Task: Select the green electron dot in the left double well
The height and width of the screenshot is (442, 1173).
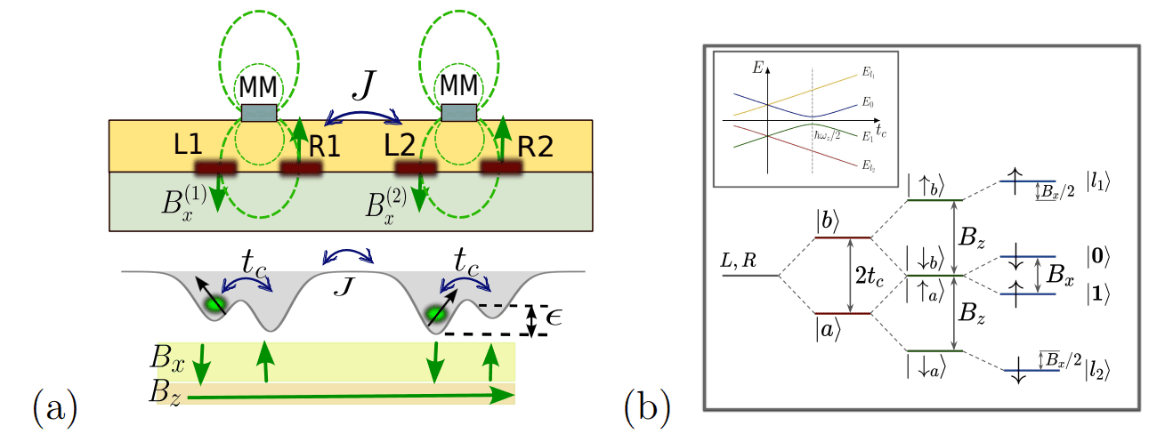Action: pos(213,304)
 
